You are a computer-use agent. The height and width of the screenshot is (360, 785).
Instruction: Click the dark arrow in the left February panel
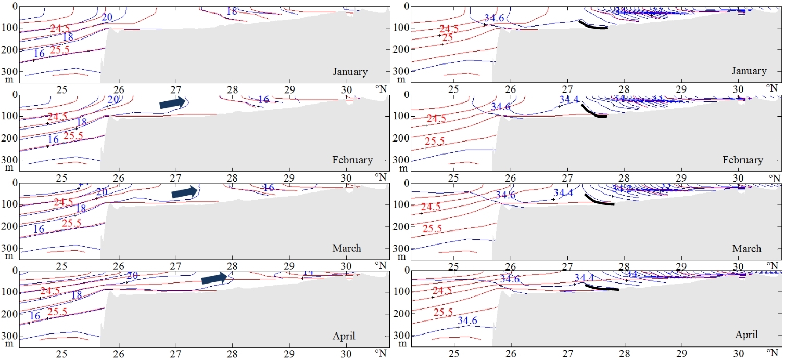(x=172, y=103)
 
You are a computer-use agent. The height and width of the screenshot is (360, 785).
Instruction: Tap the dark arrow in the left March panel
(x=185, y=192)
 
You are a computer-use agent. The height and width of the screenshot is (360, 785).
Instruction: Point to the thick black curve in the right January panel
(x=593, y=25)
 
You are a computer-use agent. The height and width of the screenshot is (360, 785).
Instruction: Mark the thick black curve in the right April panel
(x=601, y=287)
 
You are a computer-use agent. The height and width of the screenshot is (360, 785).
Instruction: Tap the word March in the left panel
(x=346, y=248)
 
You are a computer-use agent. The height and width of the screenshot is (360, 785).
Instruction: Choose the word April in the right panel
(x=746, y=335)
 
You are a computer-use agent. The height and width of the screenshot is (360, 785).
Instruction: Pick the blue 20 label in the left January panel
(x=107, y=17)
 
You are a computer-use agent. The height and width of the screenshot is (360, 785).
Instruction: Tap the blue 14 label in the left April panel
(x=308, y=272)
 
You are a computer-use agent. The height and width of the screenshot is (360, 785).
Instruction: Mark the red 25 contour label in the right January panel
(x=447, y=38)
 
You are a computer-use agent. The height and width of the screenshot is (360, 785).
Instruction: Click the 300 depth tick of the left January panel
(x=10, y=71)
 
